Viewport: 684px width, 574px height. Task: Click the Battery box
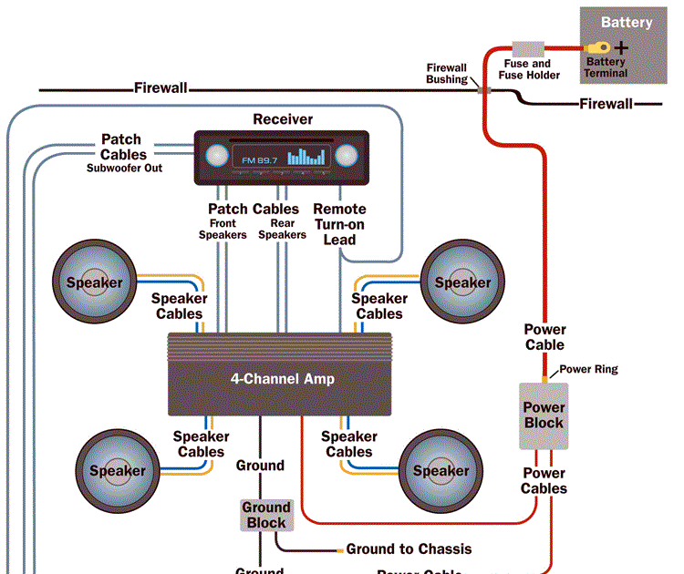click(626, 46)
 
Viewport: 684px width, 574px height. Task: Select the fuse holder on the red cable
click(528, 47)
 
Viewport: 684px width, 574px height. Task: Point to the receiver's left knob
click(215, 156)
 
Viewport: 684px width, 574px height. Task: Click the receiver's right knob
click(347, 156)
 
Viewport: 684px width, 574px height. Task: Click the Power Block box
click(544, 415)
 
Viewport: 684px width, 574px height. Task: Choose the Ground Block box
click(265, 515)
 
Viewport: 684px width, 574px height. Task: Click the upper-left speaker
click(94, 282)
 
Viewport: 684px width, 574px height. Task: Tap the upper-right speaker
click(462, 282)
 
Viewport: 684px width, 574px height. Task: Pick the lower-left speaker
click(117, 471)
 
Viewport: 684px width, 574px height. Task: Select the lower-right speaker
click(441, 471)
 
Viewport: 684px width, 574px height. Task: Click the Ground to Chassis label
click(409, 549)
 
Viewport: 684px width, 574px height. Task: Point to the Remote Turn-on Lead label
click(339, 224)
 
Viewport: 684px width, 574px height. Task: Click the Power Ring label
click(588, 369)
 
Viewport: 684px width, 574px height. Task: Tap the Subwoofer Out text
click(124, 168)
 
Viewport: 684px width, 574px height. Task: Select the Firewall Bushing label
click(447, 74)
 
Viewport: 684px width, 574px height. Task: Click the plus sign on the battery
click(621, 46)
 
